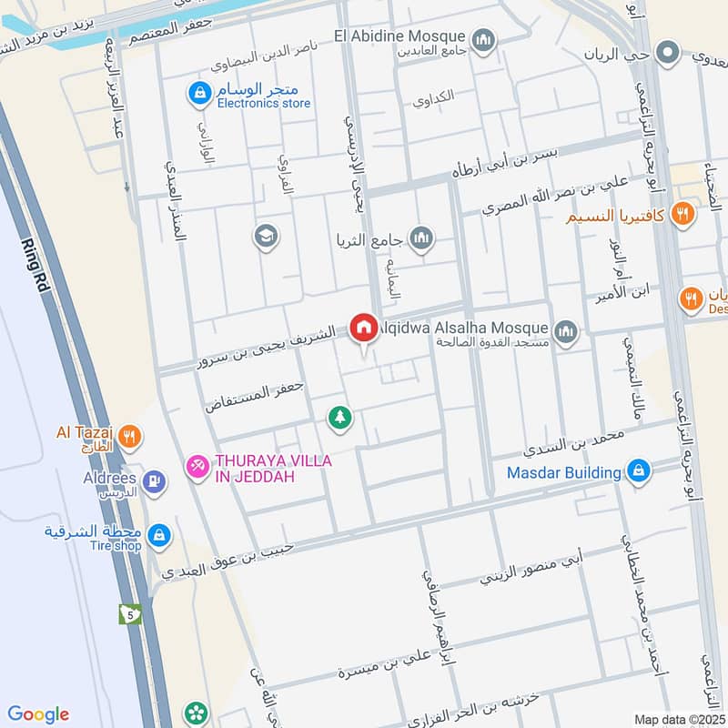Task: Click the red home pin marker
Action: (x=364, y=328)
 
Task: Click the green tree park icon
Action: (x=340, y=418)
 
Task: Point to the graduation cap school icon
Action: (x=268, y=236)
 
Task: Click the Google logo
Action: (x=38, y=714)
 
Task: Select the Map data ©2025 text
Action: (x=679, y=719)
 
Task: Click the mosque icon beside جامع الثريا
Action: (x=421, y=239)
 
